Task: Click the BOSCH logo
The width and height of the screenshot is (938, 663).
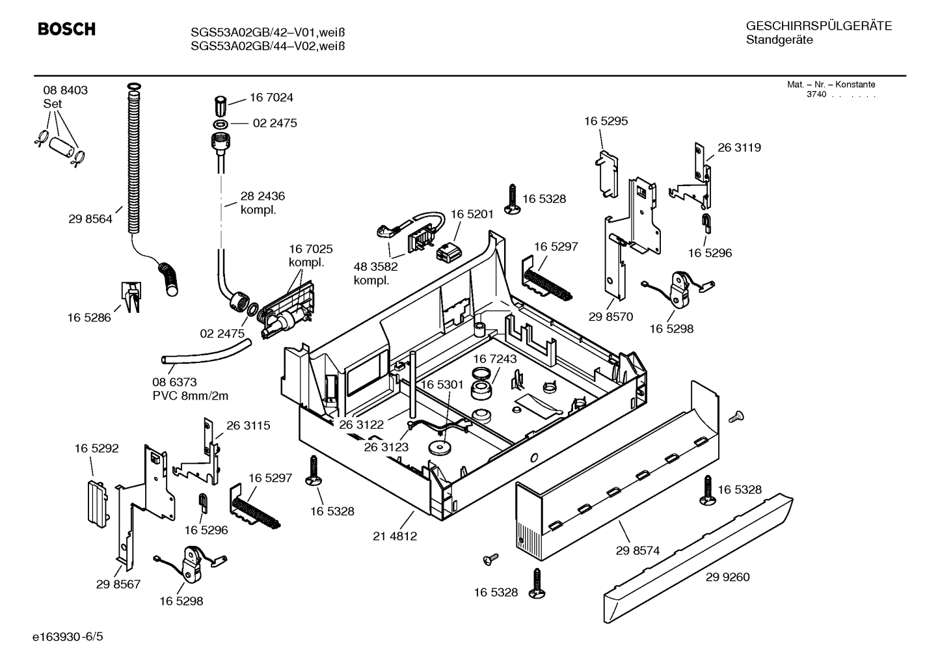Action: [x=66, y=29]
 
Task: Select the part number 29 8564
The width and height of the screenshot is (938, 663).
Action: [x=90, y=219]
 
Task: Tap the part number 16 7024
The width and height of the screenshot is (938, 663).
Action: [x=271, y=98]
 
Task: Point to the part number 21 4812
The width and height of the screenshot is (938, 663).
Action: [x=395, y=536]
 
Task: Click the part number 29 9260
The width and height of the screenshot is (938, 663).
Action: [x=727, y=577]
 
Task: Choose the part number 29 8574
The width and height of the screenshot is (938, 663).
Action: [x=637, y=550]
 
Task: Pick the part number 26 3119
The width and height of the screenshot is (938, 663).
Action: [x=739, y=148]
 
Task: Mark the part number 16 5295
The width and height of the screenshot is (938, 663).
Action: [x=606, y=121]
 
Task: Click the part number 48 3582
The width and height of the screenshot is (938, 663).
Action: [x=376, y=266]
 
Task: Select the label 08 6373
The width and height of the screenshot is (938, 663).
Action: [x=174, y=382]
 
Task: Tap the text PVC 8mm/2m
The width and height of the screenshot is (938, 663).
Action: [x=190, y=396]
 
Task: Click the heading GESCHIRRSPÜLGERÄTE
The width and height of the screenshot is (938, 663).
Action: [x=818, y=26]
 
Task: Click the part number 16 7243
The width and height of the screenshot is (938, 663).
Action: [x=495, y=359]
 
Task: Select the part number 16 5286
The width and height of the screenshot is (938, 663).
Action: [x=89, y=318]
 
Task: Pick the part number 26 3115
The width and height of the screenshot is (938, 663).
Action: [x=248, y=426]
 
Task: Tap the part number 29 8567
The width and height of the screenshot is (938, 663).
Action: [x=118, y=584]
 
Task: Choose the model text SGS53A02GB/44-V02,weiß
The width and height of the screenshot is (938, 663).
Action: [x=267, y=46]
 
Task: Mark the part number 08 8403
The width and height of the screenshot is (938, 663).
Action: [x=66, y=90]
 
